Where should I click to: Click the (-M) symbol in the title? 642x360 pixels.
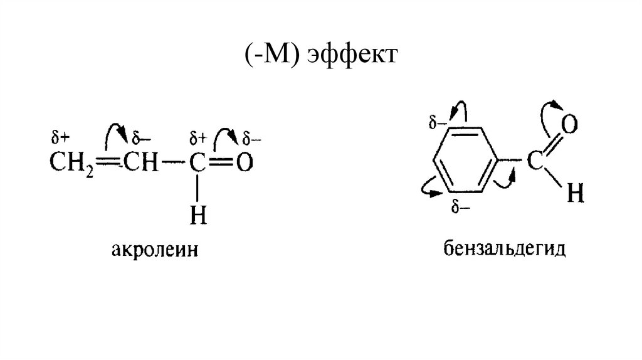[x=269, y=56]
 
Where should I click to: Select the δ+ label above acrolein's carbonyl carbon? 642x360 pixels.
[x=197, y=136]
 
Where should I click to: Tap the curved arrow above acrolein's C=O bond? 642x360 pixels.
[x=224, y=134]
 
